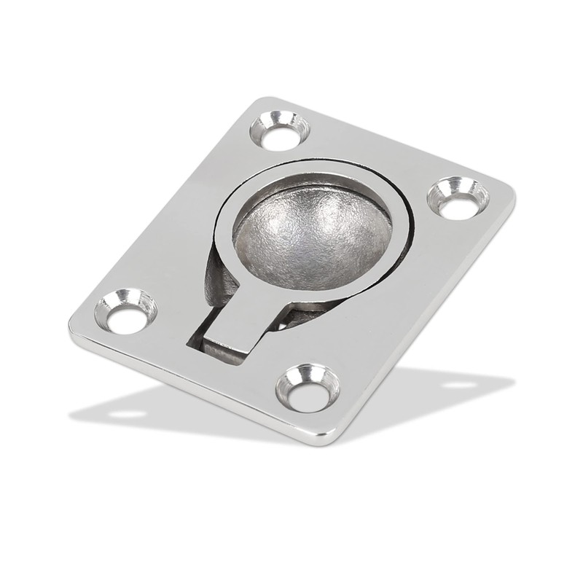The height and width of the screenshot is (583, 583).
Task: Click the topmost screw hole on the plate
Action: [280, 130]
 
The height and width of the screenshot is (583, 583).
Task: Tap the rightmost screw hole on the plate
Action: [458, 198]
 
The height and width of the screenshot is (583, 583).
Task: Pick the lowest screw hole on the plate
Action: [308, 387]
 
